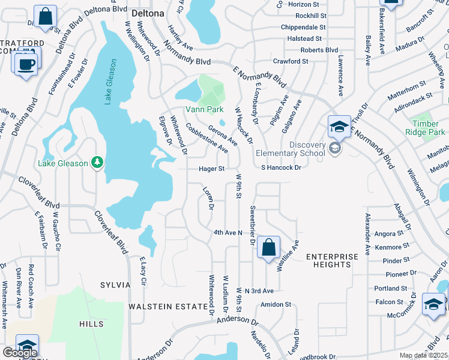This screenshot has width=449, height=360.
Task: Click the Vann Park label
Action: click(x=204, y=109)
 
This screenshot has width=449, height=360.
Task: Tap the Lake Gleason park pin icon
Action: click(x=97, y=163)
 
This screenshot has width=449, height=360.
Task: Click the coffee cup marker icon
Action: click(x=26, y=64)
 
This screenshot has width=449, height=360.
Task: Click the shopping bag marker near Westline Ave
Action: click(x=268, y=247)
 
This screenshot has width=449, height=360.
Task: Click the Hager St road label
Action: click(x=212, y=169)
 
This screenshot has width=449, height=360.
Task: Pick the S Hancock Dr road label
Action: click(x=281, y=168)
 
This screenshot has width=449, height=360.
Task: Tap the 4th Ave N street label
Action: click(x=228, y=232)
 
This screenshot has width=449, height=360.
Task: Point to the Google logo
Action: click(x=20, y=353)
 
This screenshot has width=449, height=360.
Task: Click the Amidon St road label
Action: click(x=276, y=305)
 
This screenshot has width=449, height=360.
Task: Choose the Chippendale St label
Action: click(x=303, y=28)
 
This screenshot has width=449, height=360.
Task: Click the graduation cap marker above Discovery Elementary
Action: click(x=339, y=127)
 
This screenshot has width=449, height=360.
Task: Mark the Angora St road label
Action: click(x=391, y=234)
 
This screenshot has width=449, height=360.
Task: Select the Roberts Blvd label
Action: click(x=319, y=50)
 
